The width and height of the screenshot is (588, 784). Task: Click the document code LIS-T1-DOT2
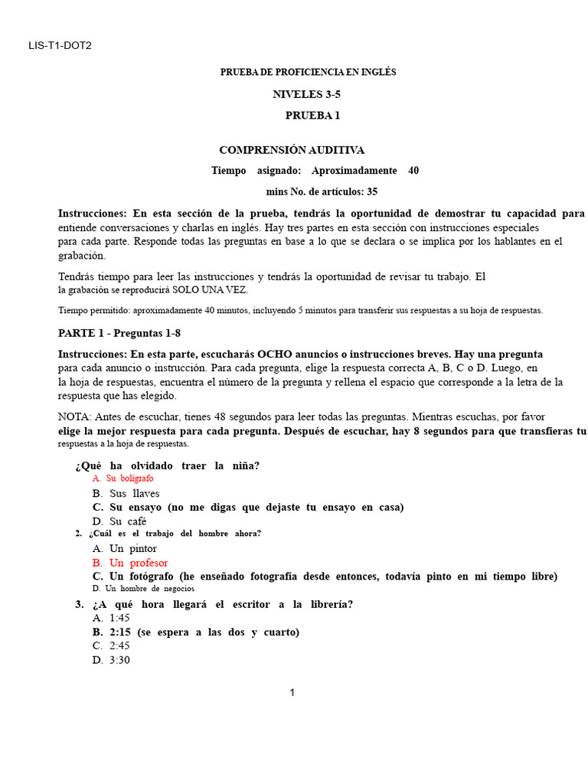60,45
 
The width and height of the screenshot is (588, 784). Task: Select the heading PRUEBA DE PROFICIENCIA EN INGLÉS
309,72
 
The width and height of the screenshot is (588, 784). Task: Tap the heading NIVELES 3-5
306,94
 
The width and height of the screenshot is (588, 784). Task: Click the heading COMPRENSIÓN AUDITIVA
292,150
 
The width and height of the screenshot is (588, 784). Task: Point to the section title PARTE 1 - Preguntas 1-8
119,334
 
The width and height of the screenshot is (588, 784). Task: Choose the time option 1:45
120,618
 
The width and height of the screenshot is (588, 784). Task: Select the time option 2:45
120,645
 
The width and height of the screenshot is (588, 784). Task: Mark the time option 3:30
120,660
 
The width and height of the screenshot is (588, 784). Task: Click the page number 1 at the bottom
292,693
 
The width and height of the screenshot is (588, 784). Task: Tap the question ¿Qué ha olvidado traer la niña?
167,465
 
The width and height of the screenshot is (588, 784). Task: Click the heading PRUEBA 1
312,116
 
